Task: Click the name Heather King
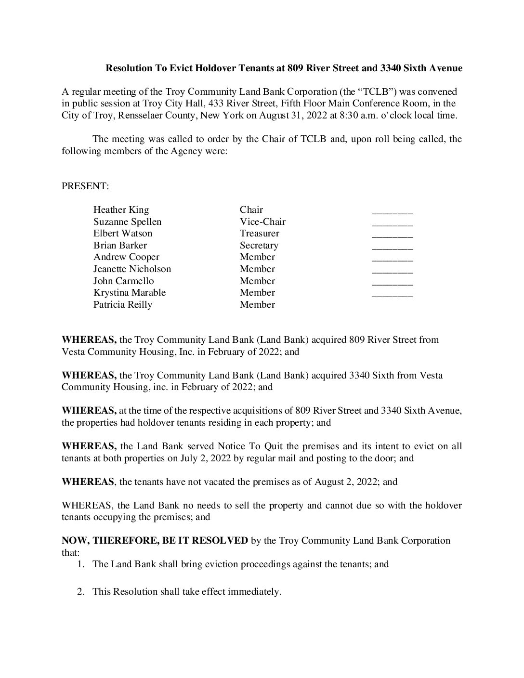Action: click(x=121, y=209)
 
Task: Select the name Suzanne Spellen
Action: click(x=127, y=222)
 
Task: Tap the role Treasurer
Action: click(x=259, y=233)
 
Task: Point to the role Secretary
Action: click(x=259, y=245)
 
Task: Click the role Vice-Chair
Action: click(x=262, y=222)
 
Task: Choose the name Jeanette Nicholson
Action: click(x=132, y=269)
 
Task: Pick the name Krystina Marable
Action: click(x=129, y=292)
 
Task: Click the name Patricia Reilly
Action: click(x=122, y=304)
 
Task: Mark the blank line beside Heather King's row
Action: click(x=392, y=211)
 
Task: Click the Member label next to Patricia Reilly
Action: click(x=257, y=304)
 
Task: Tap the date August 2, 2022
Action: click(x=347, y=482)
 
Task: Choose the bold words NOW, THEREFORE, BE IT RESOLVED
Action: click(x=155, y=540)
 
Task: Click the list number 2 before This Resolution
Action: click(x=81, y=591)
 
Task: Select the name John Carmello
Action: click(x=123, y=281)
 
